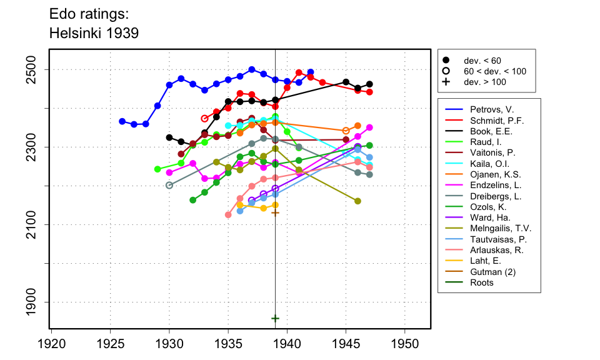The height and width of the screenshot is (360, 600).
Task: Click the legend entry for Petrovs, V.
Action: coord(483,109)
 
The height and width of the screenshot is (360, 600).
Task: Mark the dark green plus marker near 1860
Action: coord(275,318)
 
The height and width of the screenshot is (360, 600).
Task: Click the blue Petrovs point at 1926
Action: coord(122,121)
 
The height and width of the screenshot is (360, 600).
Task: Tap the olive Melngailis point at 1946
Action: coord(357,201)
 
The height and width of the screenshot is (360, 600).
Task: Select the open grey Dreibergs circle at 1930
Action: coord(169,185)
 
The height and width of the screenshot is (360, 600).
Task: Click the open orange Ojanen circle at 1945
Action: coord(346,131)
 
